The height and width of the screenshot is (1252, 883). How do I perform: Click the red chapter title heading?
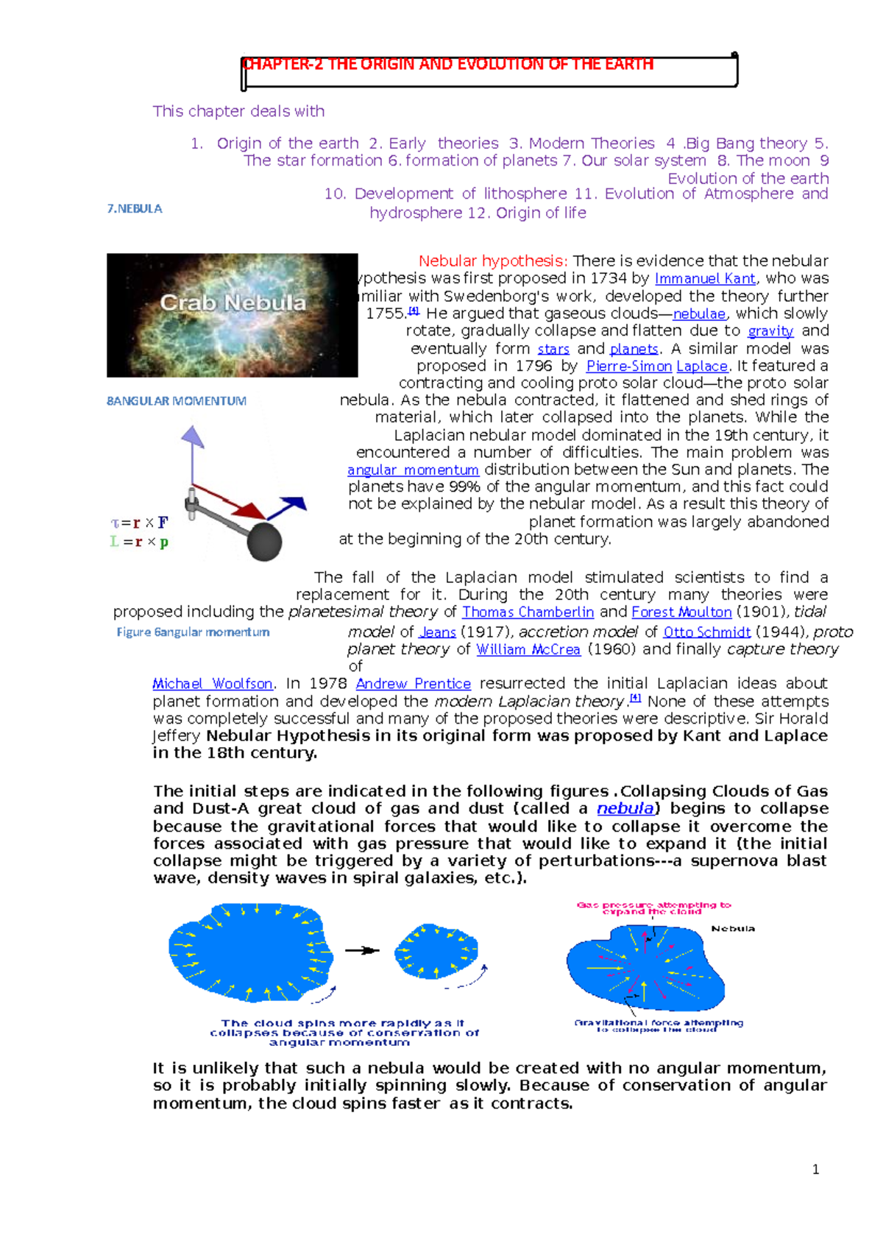tap(447, 64)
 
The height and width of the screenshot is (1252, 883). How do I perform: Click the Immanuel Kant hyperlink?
tap(704, 279)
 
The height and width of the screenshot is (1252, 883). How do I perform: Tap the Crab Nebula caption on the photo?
tap(233, 303)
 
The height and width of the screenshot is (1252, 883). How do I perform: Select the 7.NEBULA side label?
tap(135, 208)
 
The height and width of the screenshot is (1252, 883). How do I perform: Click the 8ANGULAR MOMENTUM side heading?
tap(177, 401)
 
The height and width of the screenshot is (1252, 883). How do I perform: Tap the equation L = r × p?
tap(139, 542)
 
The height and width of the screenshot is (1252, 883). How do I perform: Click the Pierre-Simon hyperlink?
tap(628, 367)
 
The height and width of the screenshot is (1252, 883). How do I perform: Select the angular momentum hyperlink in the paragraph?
tap(413, 470)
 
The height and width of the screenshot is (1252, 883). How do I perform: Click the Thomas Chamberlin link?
tap(528, 612)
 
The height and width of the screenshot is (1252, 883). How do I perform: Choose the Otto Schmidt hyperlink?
tap(706, 632)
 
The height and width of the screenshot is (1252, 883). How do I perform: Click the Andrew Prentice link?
tap(413, 684)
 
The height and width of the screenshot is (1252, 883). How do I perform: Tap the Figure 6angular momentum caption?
tap(193, 632)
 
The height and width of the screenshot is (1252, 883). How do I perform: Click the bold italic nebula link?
tap(625, 808)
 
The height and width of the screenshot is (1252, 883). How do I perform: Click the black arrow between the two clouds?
tap(361, 950)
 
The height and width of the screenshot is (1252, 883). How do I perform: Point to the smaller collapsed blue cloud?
tap(436, 951)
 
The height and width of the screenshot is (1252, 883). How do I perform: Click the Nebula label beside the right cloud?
tap(732, 929)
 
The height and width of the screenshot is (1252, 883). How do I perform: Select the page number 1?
tap(815, 1170)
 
